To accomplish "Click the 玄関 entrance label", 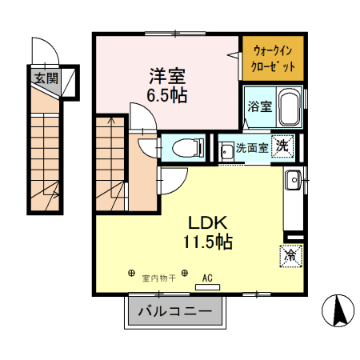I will (x=46, y=78).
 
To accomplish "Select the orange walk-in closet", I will (x=273, y=57).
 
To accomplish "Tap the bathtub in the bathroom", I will (x=289, y=108).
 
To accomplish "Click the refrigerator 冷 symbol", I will (x=291, y=256).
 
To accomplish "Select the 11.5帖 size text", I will (x=210, y=242).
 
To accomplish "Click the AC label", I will (x=207, y=278).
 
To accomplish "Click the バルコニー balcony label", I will (x=174, y=310).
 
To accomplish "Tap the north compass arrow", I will (x=338, y=310).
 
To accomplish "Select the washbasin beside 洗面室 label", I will (x=226, y=149).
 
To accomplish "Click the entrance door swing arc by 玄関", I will (x=48, y=50).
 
